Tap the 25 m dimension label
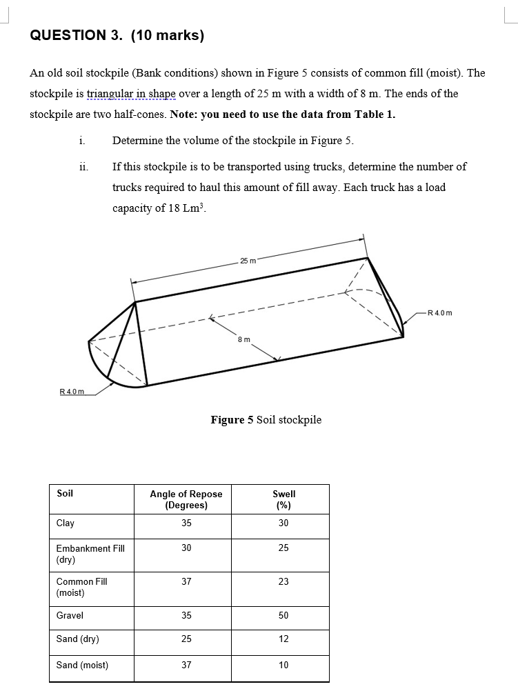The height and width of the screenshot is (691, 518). click(248, 260)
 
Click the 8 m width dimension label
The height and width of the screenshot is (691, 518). click(243, 339)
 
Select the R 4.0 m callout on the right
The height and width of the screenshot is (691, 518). click(440, 314)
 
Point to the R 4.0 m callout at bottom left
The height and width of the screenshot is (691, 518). click(71, 392)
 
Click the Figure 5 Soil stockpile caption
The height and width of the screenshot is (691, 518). click(266, 420)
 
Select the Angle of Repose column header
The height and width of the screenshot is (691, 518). click(186, 499)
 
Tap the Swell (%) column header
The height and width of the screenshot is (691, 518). click(283, 499)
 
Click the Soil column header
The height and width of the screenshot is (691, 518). click(65, 494)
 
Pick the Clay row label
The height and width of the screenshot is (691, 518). click(66, 523)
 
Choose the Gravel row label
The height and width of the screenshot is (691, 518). click(70, 616)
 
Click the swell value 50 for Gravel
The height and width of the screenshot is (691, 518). click(283, 616)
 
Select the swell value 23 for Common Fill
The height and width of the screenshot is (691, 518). click(283, 582)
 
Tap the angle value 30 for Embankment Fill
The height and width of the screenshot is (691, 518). click(186, 548)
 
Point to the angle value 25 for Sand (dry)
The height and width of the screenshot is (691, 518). click(186, 639)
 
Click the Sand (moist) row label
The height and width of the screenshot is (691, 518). click(82, 665)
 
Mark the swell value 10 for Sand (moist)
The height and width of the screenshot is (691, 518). click(283, 665)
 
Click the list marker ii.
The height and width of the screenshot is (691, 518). click(83, 167)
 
